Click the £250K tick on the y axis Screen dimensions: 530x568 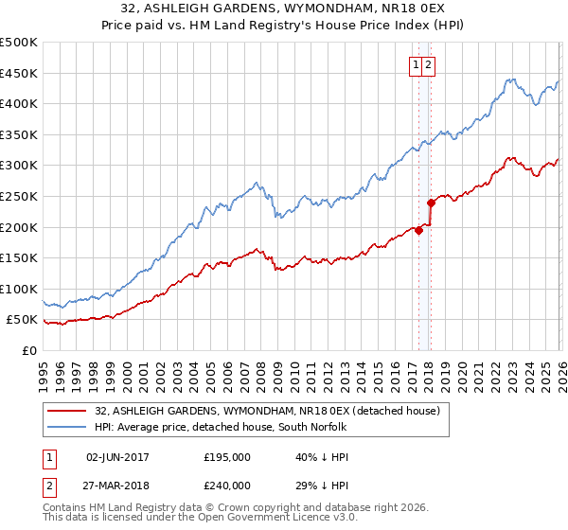(x=19, y=196)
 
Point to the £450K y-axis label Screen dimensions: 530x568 (x=19, y=73)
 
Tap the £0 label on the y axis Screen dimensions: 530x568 (x=27, y=350)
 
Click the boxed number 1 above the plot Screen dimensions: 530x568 (x=417, y=64)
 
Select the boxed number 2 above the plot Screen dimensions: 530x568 (x=429, y=64)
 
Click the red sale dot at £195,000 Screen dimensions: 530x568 (x=417, y=230)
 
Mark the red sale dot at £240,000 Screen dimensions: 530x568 (x=431, y=202)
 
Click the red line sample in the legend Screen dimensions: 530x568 (x=66, y=412)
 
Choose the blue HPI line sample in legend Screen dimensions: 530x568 (x=66, y=428)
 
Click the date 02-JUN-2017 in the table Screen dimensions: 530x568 (x=118, y=457)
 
